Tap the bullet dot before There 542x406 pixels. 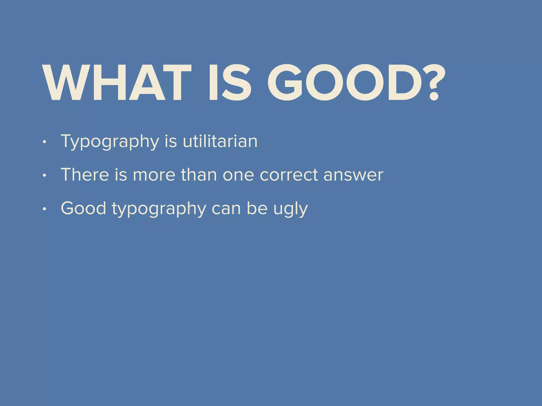tap(44, 176)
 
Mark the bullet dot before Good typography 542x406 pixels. tap(44, 209)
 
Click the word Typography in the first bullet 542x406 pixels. tap(110, 142)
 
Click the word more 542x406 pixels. tap(154, 175)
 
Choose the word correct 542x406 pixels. tap(289, 175)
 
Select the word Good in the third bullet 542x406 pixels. tap(83, 208)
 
